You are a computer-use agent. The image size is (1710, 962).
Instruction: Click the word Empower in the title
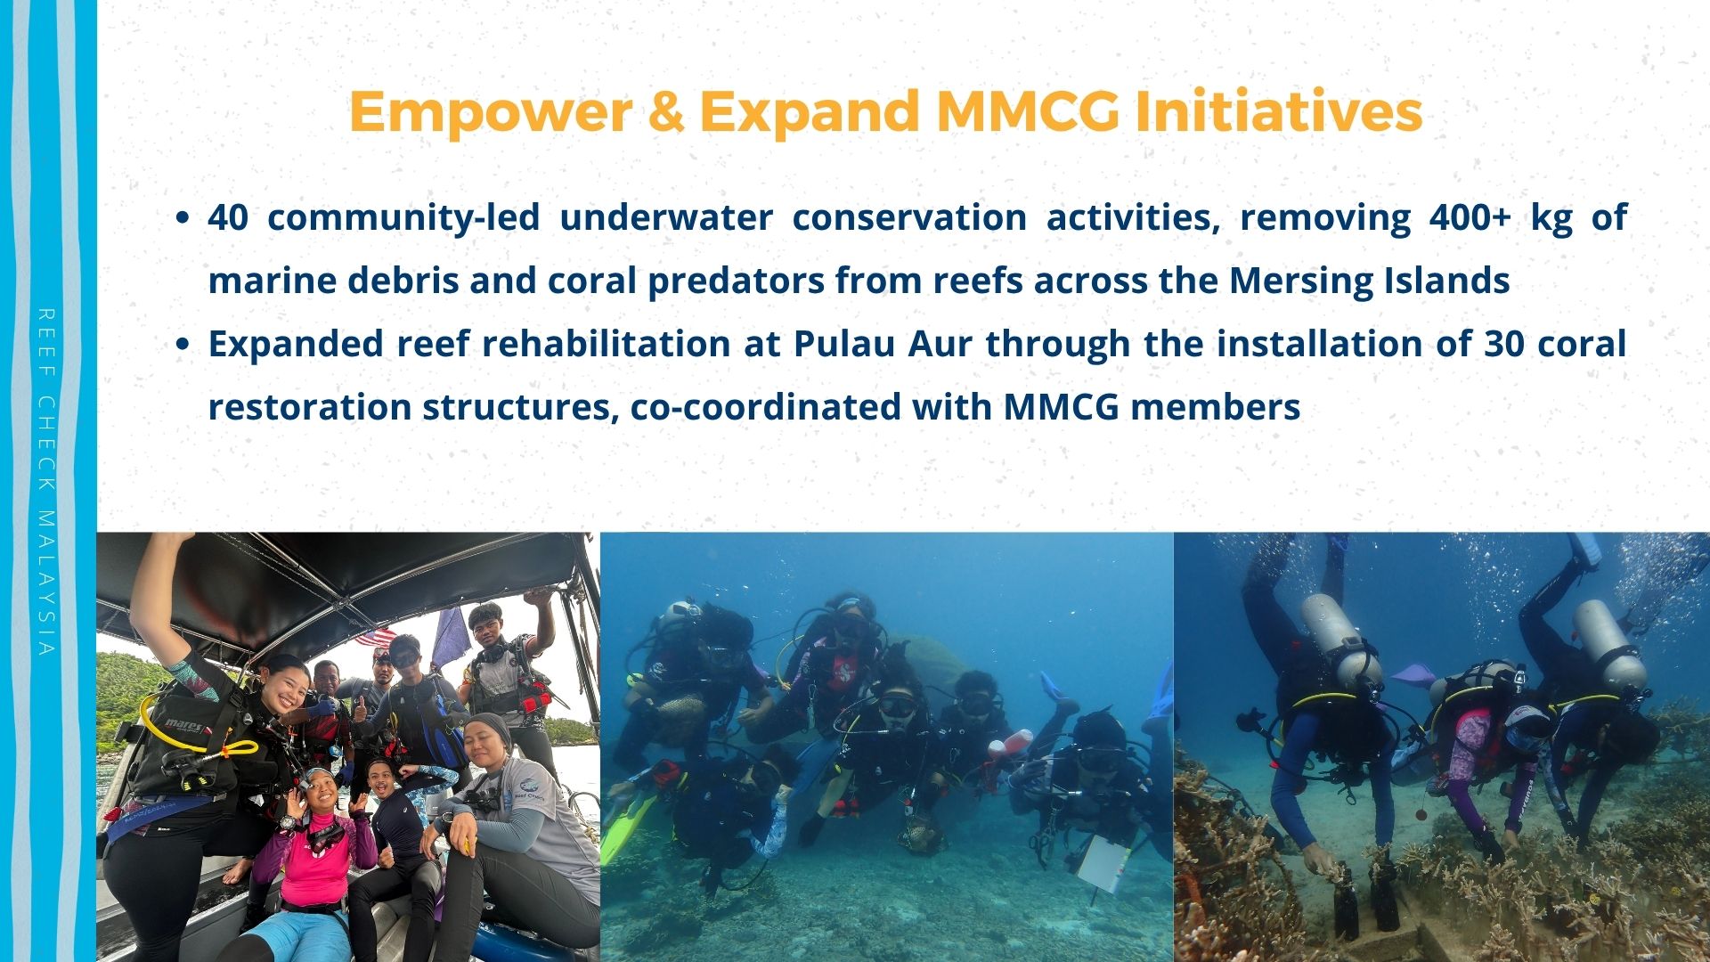click(490, 112)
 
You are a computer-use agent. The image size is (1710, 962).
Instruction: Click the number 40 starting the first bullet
click(228, 217)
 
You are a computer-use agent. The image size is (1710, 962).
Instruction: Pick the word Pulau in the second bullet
click(841, 344)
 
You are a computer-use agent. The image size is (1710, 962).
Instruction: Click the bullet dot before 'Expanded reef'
click(183, 346)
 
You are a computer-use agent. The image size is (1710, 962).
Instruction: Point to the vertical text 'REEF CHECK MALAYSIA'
click(47, 482)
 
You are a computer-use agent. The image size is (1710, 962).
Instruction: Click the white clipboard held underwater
click(1103, 860)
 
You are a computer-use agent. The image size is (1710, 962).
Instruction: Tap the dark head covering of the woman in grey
click(490, 730)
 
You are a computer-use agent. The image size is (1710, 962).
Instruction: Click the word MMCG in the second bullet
click(1061, 408)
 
